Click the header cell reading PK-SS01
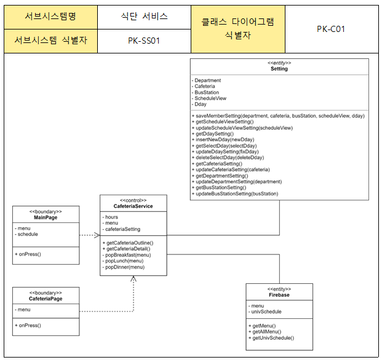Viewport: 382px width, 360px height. click(x=144, y=41)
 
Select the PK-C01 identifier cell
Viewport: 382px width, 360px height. click(x=330, y=29)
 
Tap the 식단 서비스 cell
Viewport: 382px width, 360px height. click(x=144, y=16)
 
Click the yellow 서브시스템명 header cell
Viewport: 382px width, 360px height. click(x=51, y=16)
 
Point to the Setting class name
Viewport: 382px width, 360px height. click(x=279, y=69)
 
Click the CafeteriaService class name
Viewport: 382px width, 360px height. click(x=133, y=206)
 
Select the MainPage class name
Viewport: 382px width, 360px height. click(x=46, y=218)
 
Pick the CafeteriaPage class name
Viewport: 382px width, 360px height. click(x=46, y=299)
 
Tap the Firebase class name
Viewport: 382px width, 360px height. click(x=279, y=295)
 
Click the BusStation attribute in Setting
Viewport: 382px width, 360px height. click(x=207, y=92)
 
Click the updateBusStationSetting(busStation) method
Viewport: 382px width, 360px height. click(x=236, y=194)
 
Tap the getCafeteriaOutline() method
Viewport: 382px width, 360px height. click(x=129, y=243)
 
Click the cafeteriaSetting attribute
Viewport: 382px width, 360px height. click(x=123, y=229)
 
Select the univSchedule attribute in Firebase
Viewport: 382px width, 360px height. click(x=268, y=312)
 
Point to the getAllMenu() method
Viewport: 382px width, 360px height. click(x=265, y=332)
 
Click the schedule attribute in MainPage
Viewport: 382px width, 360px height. click(x=28, y=235)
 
